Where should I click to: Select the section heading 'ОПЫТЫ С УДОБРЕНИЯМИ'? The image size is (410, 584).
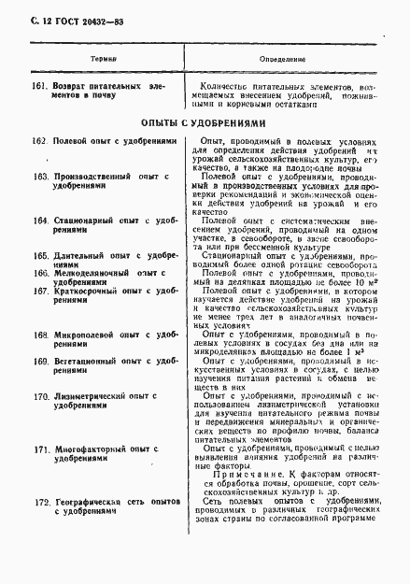pos(205,122)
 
